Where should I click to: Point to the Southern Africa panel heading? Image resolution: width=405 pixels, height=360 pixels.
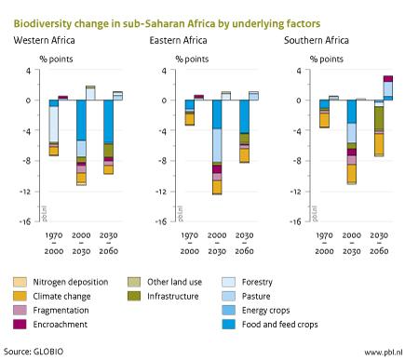pyautogui.click(x=317, y=40)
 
